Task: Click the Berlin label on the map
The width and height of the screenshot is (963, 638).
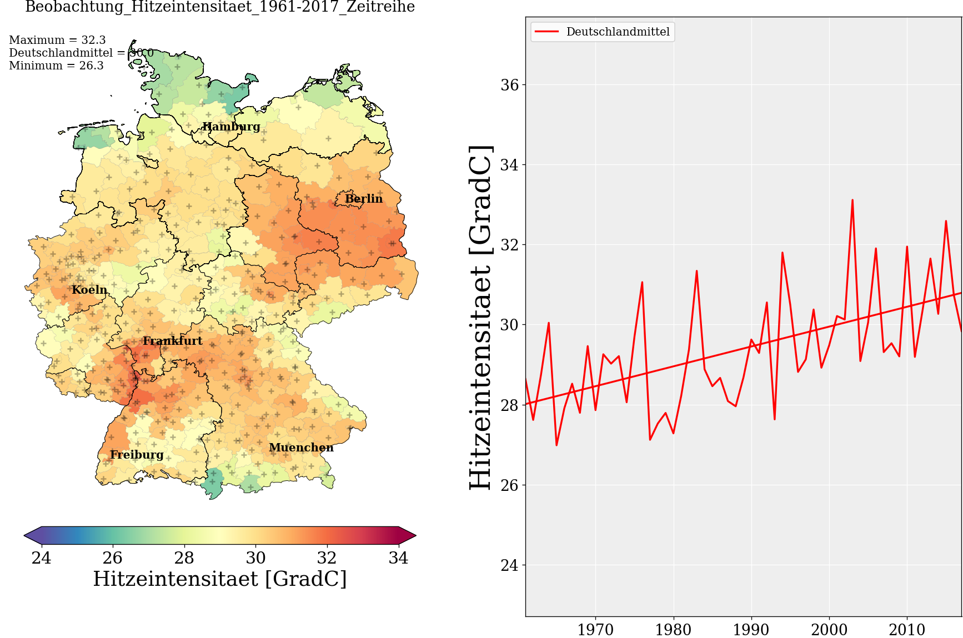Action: [364, 199]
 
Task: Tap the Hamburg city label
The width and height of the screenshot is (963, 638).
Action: [231, 127]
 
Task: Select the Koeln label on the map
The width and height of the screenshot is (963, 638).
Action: [89, 290]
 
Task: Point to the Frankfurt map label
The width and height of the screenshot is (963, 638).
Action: [172, 341]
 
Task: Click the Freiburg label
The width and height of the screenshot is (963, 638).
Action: [137, 455]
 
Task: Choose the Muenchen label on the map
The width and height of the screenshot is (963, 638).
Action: [301, 448]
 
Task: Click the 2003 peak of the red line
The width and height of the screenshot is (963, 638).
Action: [852, 200]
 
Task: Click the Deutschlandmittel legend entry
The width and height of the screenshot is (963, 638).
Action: [618, 32]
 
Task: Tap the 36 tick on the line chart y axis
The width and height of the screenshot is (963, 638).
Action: [509, 85]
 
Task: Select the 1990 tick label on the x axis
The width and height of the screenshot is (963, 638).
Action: [751, 630]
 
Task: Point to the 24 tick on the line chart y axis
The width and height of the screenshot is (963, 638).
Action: [509, 565]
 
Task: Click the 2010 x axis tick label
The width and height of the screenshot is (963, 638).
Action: [907, 630]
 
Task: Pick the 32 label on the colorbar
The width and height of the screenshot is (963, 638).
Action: [327, 557]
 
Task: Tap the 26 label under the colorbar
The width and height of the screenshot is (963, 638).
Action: [113, 557]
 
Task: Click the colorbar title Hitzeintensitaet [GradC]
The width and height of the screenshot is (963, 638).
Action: [220, 579]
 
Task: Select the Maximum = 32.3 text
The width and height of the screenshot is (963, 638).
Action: [57, 40]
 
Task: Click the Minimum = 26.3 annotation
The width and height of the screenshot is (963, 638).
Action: [56, 66]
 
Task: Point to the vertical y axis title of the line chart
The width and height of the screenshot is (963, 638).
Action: [481, 318]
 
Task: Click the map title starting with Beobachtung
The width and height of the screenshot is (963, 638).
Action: [220, 7]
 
